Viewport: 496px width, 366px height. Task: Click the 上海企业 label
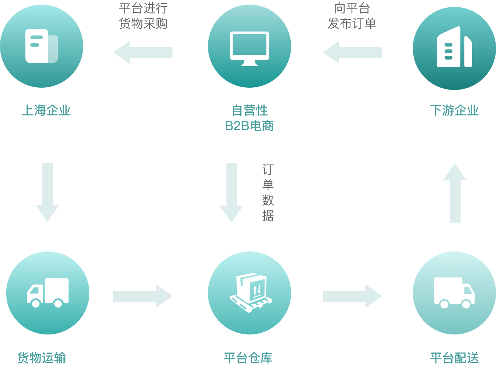[x=46, y=111]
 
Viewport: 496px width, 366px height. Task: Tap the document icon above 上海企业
[x=41, y=46]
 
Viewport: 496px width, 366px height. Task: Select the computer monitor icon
[x=250, y=48]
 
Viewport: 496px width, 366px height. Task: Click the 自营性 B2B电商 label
[x=250, y=118]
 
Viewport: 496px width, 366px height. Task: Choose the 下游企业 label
[x=454, y=111]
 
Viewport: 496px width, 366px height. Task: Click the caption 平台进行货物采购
[x=143, y=16]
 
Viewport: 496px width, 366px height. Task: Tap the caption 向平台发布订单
[x=352, y=16]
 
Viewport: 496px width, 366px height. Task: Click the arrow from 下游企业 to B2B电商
[x=352, y=52]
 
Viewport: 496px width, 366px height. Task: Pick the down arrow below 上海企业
[x=47, y=192]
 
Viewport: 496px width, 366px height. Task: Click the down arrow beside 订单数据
[x=231, y=193]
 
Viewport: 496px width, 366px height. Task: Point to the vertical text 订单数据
[x=268, y=193]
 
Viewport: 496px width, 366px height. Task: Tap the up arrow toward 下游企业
[x=455, y=193]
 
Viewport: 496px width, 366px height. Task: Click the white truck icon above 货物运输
[x=48, y=293]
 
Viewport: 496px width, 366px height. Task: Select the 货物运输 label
[x=42, y=358]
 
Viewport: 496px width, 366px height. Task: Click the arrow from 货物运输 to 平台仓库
[x=142, y=296]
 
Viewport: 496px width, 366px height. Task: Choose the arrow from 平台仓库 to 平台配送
[x=352, y=296]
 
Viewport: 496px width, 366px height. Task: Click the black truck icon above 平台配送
[x=454, y=293]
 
